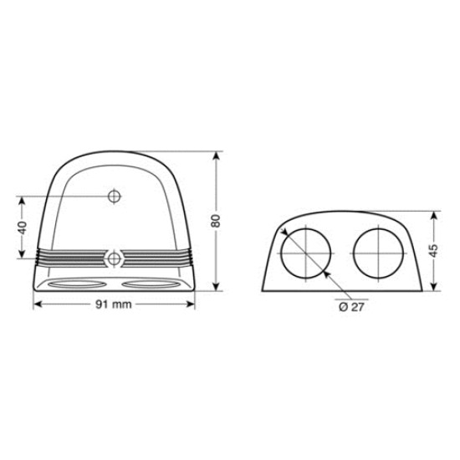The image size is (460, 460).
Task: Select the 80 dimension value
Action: point(216,221)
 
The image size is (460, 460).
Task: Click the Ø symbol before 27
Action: point(344,306)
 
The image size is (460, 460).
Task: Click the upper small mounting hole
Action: point(115,196)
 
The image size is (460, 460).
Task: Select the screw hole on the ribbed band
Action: point(115,256)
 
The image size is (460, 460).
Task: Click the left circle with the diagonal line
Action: point(304,251)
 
